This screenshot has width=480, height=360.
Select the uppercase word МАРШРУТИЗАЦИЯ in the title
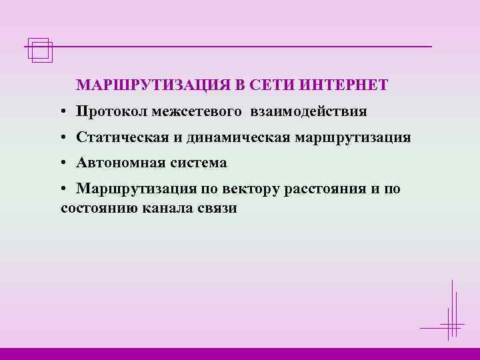tap(153, 86)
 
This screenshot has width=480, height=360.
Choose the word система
tap(199, 163)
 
